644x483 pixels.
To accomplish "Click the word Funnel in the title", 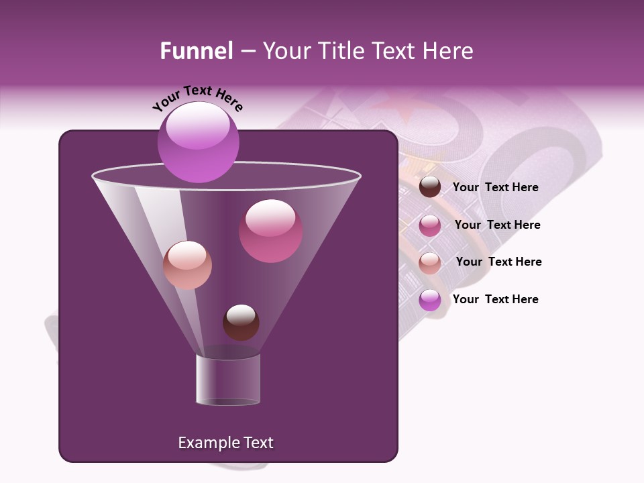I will coord(197,51).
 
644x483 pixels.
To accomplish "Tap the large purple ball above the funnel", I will coord(198,142).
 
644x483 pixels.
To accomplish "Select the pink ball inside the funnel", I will coord(270,231).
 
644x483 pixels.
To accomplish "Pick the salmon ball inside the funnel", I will coord(187,265).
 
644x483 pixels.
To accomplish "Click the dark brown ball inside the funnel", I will coord(241,322).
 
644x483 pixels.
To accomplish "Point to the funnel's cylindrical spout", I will coord(227,379).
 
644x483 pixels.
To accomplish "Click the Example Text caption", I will coord(225,443).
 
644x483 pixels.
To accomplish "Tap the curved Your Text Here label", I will coord(197,98).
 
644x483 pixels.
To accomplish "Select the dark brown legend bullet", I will coord(430,187).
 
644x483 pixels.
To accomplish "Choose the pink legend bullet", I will coord(430,225).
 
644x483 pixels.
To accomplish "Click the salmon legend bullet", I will coord(430,262).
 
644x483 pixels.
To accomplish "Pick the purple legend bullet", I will coord(430,300).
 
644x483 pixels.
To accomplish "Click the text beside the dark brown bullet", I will coord(495,188).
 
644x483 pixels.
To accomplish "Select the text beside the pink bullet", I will coord(497,225).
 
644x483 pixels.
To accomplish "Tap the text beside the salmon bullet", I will coord(498,262).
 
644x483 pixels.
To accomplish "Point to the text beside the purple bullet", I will coord(495,300).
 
